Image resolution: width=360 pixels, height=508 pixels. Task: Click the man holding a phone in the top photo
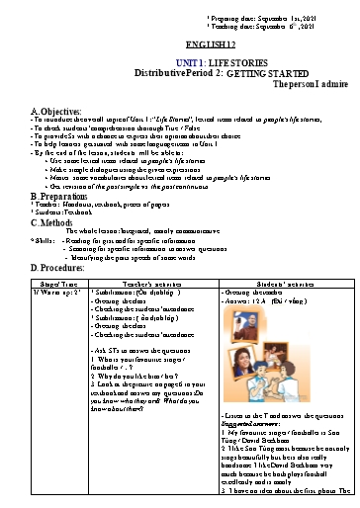coord(248,326)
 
